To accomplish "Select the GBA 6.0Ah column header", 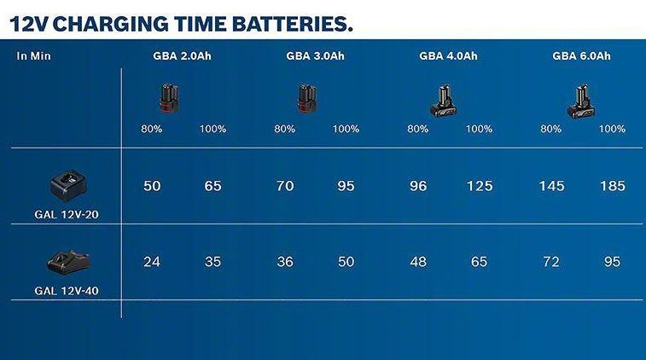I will pyautogui.click(x=581, y=57).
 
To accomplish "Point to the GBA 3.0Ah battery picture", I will pyautogui.click(x=308, y=100).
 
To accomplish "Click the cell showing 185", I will pyautogui.click(x=613, y=186).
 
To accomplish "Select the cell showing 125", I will pyautogui.click(x=480, y=186).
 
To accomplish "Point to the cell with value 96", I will pyautogui.click(x=418, y=186).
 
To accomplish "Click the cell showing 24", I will pyautogui.click(x=152, y=262).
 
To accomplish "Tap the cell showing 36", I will pyautogui.click(x=285, y=262).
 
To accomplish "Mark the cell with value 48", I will pyautogui.click(x=418, y=262).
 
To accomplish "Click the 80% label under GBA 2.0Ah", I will pyautogui.click(x=152, y=130).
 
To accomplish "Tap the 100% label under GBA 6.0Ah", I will pyautogui.click(x=612, y=130).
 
